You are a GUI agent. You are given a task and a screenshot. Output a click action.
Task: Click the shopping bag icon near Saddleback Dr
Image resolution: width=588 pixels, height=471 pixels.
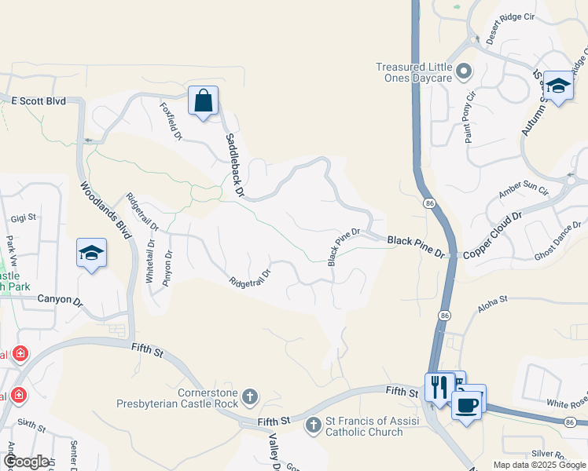203,101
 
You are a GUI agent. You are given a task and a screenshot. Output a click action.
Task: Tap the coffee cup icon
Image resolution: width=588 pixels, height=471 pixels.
468,405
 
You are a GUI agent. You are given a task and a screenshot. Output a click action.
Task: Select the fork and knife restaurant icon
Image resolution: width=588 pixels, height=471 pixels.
439,386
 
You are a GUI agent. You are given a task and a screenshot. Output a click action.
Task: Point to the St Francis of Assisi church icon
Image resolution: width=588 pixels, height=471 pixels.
313,425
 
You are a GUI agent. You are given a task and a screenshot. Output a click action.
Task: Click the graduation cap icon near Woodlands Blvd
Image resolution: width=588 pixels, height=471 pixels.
91,254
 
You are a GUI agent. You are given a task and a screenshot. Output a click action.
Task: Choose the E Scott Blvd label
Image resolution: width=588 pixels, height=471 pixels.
38,100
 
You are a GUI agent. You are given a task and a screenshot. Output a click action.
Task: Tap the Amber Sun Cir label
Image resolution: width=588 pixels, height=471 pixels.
523,190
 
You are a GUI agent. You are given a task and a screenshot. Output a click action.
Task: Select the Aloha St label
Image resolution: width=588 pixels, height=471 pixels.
492,299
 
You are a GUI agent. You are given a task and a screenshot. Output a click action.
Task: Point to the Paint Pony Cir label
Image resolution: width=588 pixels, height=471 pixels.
469,117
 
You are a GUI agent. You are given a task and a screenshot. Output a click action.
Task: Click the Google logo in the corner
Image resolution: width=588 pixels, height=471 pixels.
25,462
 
